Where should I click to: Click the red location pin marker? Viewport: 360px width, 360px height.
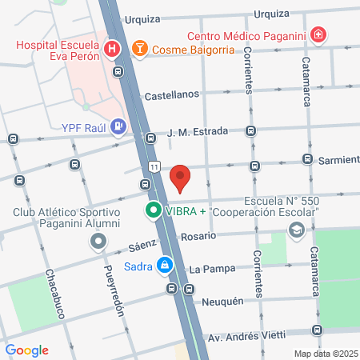pos(181,178)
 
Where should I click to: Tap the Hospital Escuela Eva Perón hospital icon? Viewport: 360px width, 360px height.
pos(114,49)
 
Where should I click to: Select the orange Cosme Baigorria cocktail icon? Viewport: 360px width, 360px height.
pos(140,49)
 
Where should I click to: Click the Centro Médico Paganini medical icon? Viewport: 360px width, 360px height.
pos(318,34)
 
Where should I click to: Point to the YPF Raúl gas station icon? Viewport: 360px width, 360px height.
pos(118,126)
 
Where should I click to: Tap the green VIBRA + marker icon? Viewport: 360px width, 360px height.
pos(152,212)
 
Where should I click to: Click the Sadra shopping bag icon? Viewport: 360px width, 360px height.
pos(164,263)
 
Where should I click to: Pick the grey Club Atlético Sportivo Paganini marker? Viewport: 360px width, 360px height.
pos(98,240)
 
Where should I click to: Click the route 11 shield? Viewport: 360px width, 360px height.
pos(152,165)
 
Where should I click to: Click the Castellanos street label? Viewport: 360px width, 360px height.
pos(171,95)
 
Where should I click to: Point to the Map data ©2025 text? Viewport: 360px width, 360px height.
pos(325,353)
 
